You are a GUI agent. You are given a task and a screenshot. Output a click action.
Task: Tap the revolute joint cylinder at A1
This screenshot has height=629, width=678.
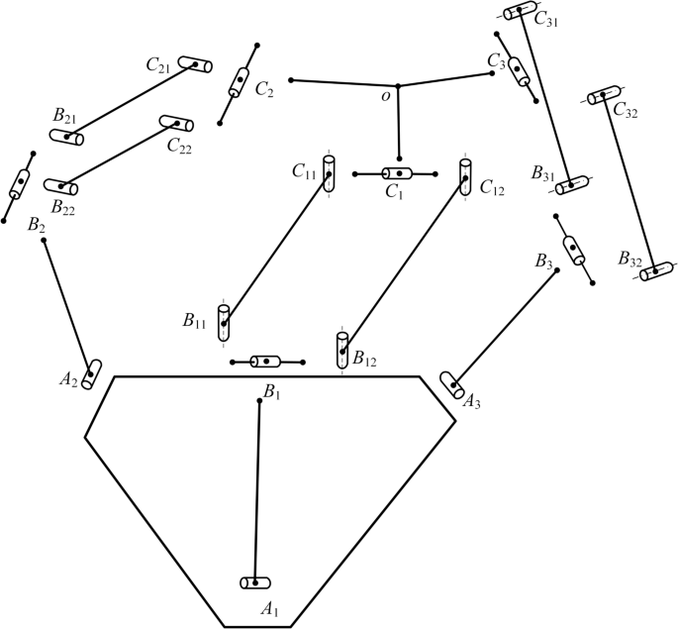255,582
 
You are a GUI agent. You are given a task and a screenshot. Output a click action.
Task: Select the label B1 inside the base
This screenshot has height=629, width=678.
272,394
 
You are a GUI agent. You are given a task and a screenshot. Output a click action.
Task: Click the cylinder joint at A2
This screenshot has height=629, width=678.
92,374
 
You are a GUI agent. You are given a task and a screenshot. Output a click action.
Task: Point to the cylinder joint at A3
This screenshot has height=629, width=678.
452,384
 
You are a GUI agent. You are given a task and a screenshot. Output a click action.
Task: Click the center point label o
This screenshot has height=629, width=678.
386,97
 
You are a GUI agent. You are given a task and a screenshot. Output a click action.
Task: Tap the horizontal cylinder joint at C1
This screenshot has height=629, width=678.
397,174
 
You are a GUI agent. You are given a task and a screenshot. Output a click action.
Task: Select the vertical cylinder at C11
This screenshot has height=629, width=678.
329,172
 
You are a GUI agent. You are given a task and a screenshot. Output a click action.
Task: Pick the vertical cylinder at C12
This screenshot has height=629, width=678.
465,174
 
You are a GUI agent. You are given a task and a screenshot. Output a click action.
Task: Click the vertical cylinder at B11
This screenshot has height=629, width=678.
224,323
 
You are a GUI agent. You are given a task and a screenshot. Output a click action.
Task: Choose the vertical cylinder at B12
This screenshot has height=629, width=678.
342,350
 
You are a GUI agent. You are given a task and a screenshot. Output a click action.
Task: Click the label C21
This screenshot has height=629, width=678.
158,65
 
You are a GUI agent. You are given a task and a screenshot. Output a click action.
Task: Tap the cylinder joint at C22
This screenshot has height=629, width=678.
177,123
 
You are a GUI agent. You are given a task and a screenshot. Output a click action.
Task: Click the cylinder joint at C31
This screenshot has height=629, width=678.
520,11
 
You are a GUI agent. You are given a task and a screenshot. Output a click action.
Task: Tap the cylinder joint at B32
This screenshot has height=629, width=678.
655,270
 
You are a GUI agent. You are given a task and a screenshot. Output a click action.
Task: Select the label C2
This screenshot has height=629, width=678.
263,90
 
